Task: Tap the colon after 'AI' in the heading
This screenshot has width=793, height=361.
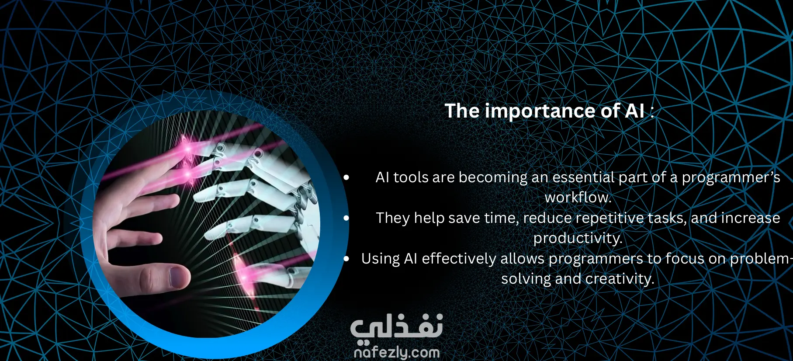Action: point(652,112)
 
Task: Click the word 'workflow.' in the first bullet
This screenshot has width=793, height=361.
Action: point(578,198)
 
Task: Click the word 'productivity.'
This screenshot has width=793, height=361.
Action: point(578,238)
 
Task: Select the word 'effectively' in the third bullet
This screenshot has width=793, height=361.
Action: point(459,259)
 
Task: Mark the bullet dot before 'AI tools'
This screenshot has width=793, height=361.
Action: point(346,177)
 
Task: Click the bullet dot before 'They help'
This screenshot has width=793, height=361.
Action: point(346,218)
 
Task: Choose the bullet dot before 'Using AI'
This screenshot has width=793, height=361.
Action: point(346,259)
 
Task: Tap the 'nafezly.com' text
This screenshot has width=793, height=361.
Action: point(397,352)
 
